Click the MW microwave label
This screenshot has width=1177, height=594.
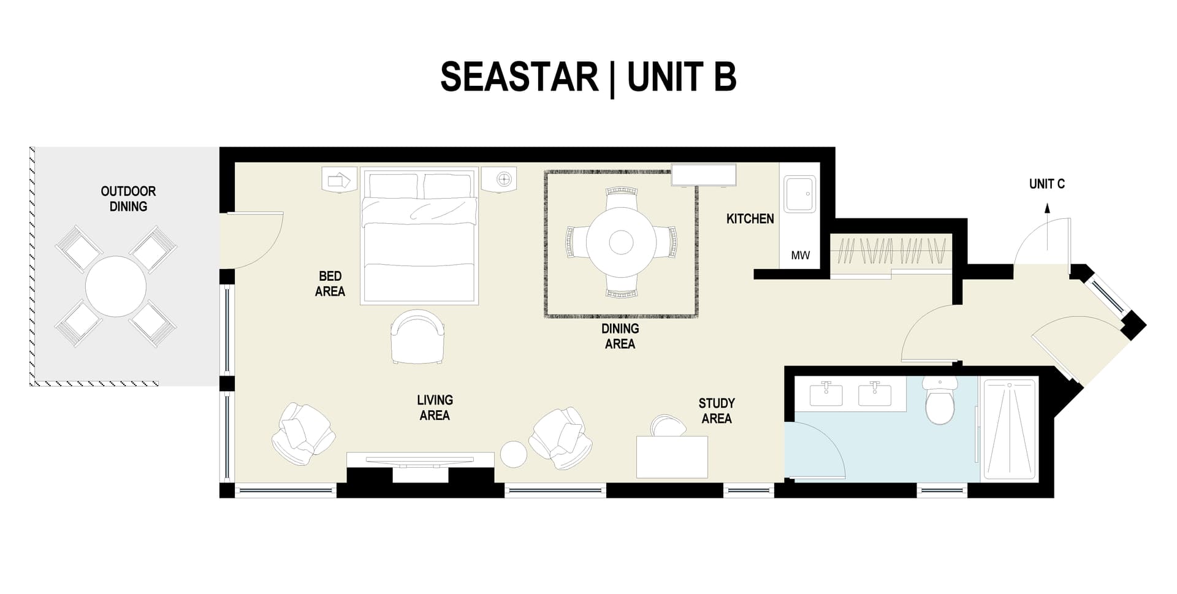click(x=800, y=256)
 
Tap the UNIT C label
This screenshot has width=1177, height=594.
click(x=1046, y=184)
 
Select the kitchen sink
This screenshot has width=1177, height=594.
click(x=800, y=194)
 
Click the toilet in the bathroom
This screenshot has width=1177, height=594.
click(x=940, y=402)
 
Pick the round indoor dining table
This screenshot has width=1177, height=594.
click(x=621, y=242)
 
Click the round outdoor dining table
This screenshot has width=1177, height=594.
click(x=115, y=286)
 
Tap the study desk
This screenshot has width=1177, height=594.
click(x=672, y=457)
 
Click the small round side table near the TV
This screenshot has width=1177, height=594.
click(x=514, y=454)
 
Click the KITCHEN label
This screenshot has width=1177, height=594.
click(x=750, y=219)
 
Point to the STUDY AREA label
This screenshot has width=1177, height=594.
click(x=716, y=411)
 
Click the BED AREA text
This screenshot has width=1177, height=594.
click(x=330, y=284)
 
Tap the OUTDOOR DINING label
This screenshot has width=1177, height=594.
click(x=128, y=199)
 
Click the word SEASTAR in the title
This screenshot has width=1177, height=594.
click(x=519, y=77)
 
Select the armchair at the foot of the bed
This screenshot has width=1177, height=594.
click(x=417, y=337)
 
